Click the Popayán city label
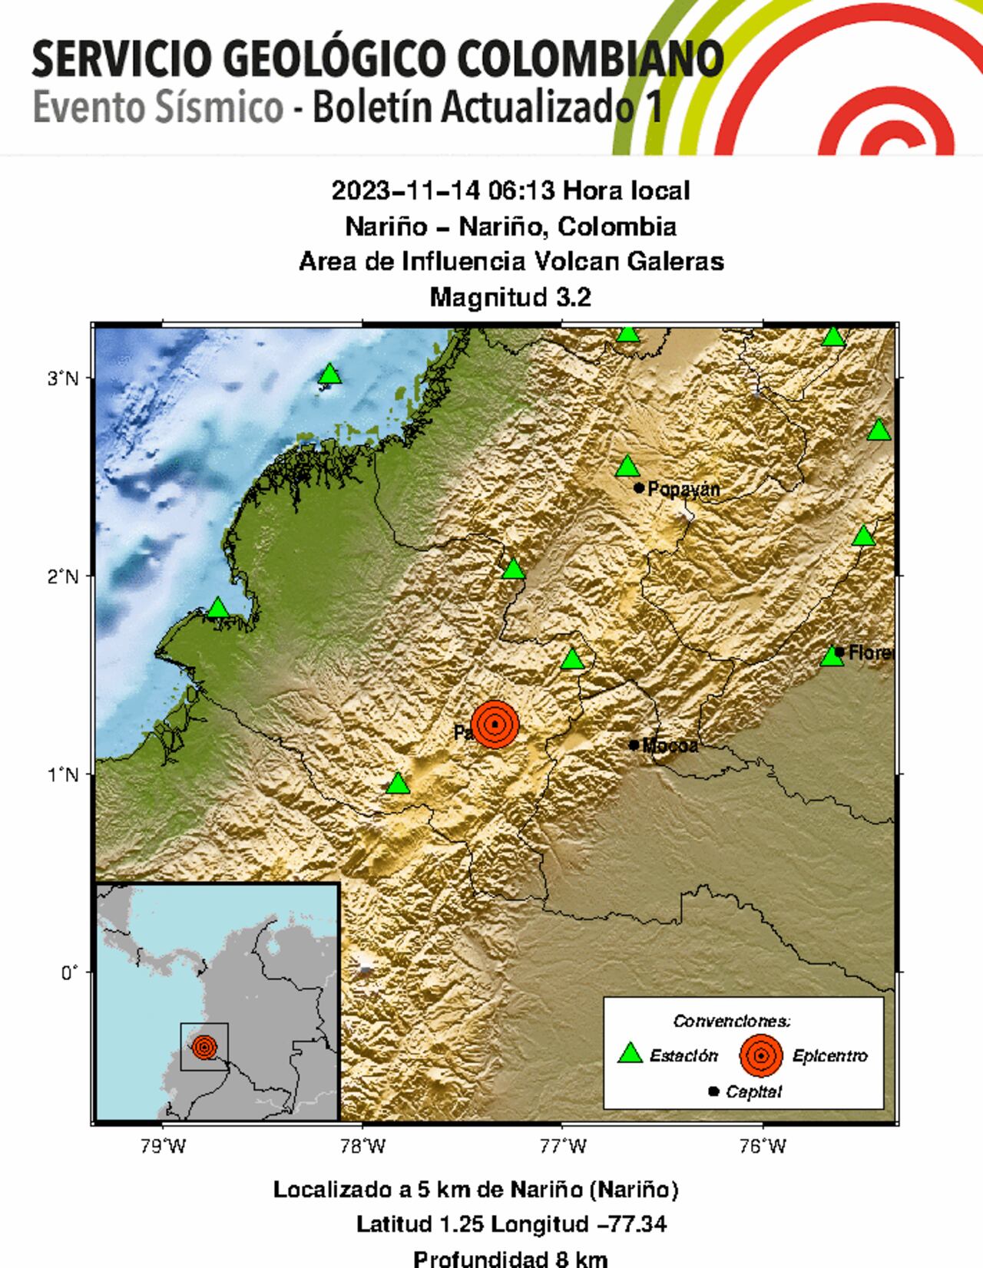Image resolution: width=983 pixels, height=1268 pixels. tap(683, 489)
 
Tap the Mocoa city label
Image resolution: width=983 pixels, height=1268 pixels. tap(670, 745)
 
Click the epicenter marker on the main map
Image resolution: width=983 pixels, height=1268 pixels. tap(495, 723)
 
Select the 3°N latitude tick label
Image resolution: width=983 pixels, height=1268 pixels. tap(64, 378)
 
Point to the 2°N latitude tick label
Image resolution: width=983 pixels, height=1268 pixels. tap(64, 576)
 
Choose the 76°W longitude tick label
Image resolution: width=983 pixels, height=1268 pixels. tap(763, 1146)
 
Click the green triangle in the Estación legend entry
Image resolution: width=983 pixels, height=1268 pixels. tap(630, 1054)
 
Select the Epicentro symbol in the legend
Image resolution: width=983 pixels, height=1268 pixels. tap(760, 1055)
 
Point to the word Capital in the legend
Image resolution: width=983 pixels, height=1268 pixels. tap(753, 1091)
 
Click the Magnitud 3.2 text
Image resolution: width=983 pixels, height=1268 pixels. tap(511, 297)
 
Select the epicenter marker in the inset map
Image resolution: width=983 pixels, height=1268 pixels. tap(204, 1046)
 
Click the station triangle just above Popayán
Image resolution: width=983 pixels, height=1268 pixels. tap(627, 467)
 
